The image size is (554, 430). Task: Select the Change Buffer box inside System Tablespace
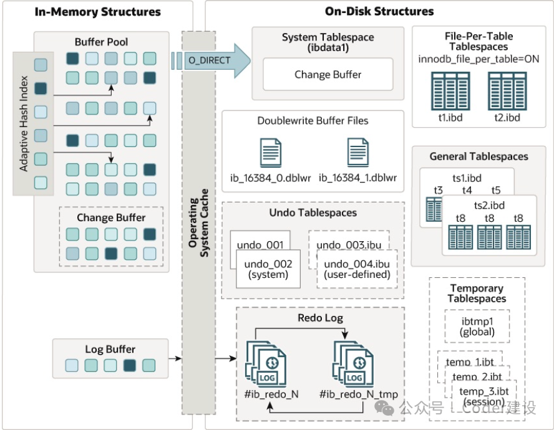328,75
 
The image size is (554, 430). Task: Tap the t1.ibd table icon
450,91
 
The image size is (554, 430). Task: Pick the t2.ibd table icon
507,91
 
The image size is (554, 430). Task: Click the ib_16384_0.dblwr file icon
271,153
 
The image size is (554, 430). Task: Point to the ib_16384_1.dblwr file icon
358,153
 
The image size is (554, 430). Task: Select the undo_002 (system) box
268,269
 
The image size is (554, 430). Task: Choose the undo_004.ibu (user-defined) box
357,269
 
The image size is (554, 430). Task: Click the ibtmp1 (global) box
477,326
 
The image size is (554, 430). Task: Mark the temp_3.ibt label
484,391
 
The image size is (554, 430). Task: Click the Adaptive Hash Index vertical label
24,123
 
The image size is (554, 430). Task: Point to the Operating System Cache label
198,222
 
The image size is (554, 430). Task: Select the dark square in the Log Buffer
130,365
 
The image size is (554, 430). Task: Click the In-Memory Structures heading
97,12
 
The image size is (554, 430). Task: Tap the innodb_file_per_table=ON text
479,59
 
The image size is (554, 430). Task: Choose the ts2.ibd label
489,205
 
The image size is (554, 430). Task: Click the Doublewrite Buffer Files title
313,121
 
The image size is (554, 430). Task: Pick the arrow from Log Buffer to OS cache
175,359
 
